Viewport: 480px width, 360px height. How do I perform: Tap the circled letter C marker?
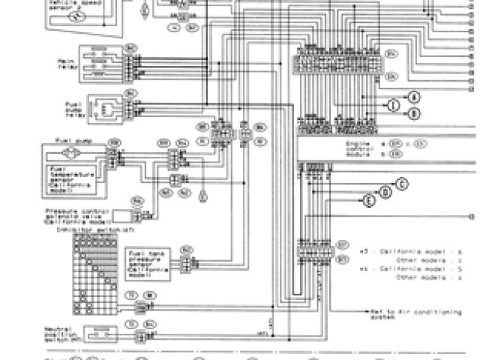click(x=401, y=182)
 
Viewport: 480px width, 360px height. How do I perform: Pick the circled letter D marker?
click(x=385, y=191)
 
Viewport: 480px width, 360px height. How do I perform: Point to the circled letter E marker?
click(x=369, y=200)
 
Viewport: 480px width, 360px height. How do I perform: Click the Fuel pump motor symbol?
click(x=73, y=151)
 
